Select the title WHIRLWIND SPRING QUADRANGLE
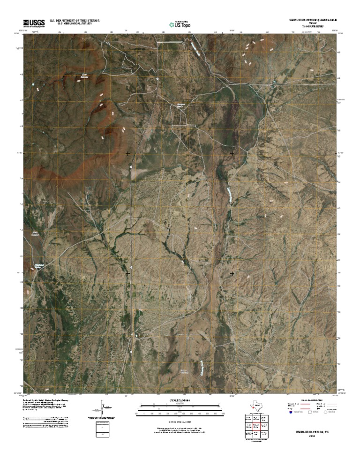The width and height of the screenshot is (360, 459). pos(313,20)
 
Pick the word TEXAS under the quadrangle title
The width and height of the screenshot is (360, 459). pos(313,23)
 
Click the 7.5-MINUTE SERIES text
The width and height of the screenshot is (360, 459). pos(313,26)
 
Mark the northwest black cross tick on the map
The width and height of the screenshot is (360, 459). pos(127,154)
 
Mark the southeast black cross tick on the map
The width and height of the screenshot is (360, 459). pos(232,273)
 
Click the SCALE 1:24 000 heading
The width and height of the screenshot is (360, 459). pos(180,400)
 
